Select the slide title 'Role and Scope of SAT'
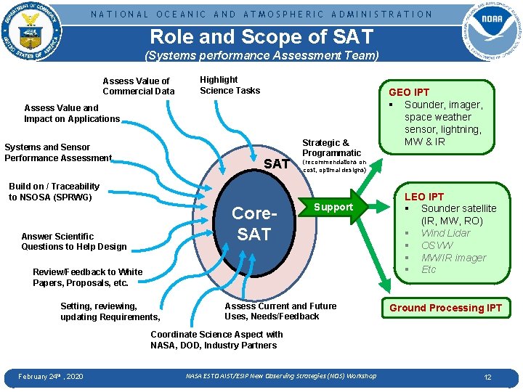coord(261,36)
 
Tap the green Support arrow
coord(333,208)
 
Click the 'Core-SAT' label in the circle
coord(254,224)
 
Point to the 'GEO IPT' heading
coord(409,92)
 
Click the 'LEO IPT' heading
coord(423,197)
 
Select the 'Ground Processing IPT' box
coord(445,308)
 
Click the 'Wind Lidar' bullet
coord(445,233)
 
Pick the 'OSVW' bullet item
coord(437,245)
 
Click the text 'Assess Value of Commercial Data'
coord(138,86)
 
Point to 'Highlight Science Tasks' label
coord(230,85)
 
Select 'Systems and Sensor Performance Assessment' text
coord(58,152)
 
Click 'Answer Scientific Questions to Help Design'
coord(73,242)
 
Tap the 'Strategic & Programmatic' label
coord(331,148)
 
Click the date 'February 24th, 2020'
coord(50,376)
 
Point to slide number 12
coord(488,377)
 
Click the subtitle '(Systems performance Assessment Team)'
coord(261,56)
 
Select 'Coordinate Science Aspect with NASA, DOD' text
coord(216,340)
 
